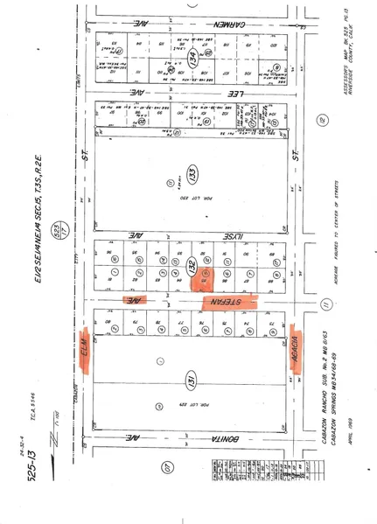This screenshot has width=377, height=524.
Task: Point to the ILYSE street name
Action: pyautogui.click(x=233, y=234)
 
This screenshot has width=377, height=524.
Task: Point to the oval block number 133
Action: pyautogui.click(x=192, y=170)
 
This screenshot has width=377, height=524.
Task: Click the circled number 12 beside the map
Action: pyautogui.click(x=325, y=119)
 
